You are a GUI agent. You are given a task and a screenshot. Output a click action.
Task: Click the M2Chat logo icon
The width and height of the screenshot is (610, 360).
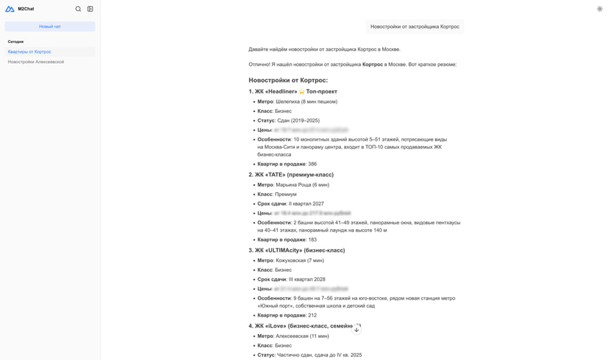[10, 9]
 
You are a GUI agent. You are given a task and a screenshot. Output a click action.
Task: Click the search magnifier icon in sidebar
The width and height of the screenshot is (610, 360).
[78, 9]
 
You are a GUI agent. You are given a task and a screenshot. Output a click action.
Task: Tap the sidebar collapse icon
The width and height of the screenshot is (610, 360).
[90, 9]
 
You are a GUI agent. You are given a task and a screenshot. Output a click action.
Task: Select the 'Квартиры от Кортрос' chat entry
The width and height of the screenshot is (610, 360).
[30, 52]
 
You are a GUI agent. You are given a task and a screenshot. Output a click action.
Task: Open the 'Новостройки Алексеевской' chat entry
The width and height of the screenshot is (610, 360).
[36, 62]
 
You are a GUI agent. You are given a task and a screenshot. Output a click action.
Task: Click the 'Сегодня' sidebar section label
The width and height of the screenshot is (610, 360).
[16, 42]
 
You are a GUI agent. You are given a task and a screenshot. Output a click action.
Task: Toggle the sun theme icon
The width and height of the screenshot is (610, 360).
[599, 9]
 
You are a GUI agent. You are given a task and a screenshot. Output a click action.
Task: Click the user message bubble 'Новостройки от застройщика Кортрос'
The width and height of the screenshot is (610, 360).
[415, 27]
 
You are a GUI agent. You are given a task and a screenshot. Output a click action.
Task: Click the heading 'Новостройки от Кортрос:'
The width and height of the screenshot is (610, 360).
[288, 80]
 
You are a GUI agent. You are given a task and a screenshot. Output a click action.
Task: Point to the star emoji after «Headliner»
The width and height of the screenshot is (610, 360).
[301, 91]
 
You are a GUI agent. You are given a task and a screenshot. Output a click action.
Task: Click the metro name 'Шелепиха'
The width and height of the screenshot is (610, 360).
[289, 101]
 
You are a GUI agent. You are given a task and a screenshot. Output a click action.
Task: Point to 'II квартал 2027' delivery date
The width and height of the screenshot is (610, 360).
[306, 204]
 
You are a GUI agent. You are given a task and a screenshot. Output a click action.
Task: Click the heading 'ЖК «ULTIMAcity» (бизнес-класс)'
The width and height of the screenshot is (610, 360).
[300, 250]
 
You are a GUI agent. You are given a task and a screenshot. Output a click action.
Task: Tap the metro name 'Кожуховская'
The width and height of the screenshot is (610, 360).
[293, 260]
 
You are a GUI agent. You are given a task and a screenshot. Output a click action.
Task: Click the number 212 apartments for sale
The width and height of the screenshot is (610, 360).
[312, 315]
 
